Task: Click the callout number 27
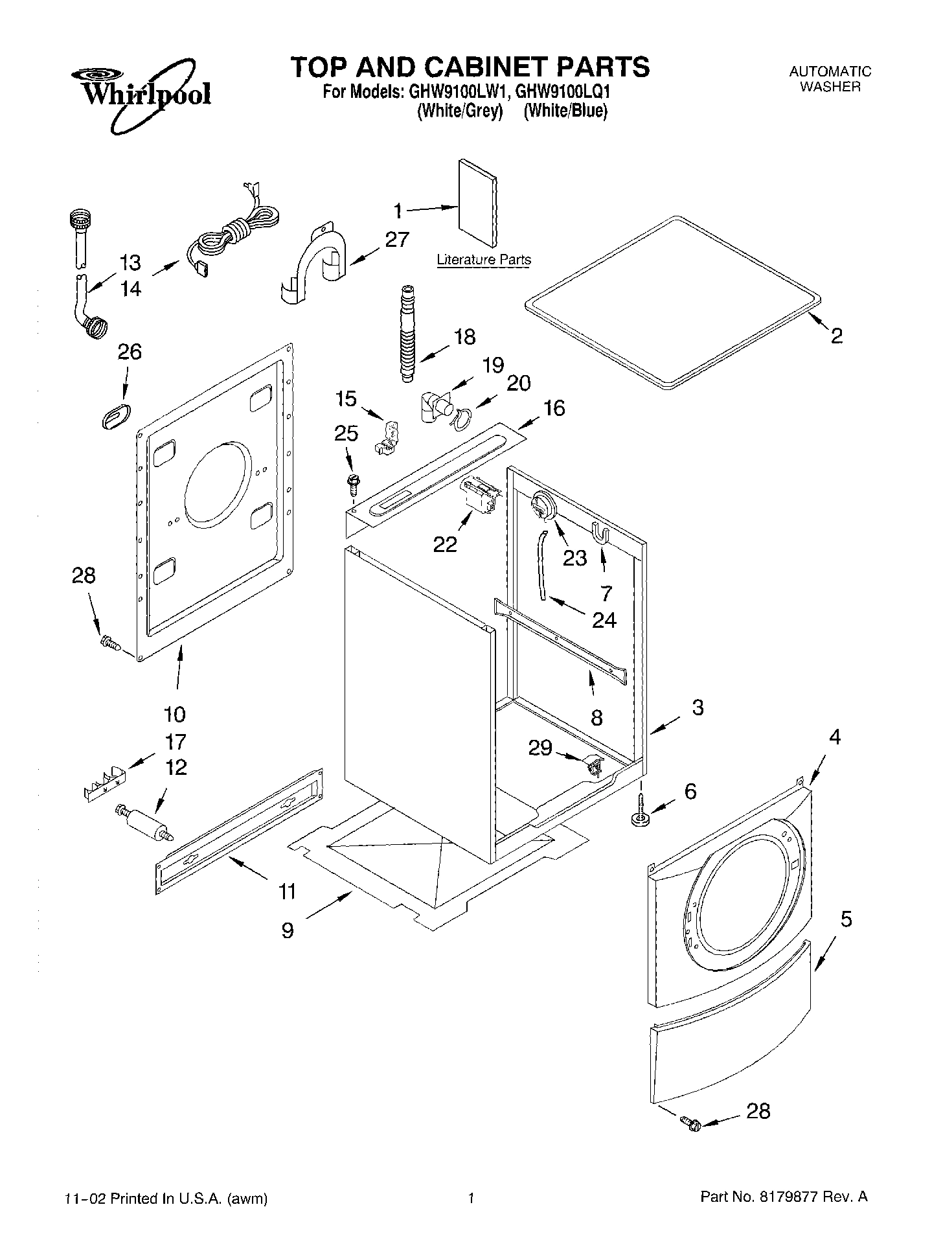tap(396, 240)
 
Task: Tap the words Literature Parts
tap(484, 260)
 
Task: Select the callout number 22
tap(445, 545)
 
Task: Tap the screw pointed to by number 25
tap(353, 481)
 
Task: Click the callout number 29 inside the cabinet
tap(540, 748)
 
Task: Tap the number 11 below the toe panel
tap(287, 891)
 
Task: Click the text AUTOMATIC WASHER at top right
tap(829, 79)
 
